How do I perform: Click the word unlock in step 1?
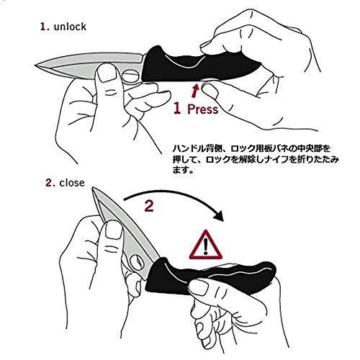(x=70, y=27)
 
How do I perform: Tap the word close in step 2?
(x=72, y=183)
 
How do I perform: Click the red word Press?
(x=202, y=109)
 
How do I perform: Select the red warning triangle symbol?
(x=205, y=246)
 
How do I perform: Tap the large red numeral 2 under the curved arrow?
(x=149, y=206)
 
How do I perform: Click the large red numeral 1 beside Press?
(x=177, y=108)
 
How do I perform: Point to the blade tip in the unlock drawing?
(x=36, y=65)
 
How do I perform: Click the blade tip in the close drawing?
(x=94, y=189)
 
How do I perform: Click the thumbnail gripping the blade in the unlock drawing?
(x=107, y=73)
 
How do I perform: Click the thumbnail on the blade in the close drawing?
(x=114, y=230)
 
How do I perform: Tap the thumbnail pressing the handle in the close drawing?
(x=199, y=287)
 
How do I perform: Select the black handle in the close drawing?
(x=209, y=276)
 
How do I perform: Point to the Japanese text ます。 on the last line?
(x=183, y=170)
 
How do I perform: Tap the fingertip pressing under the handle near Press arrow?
(x=209, y=90)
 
